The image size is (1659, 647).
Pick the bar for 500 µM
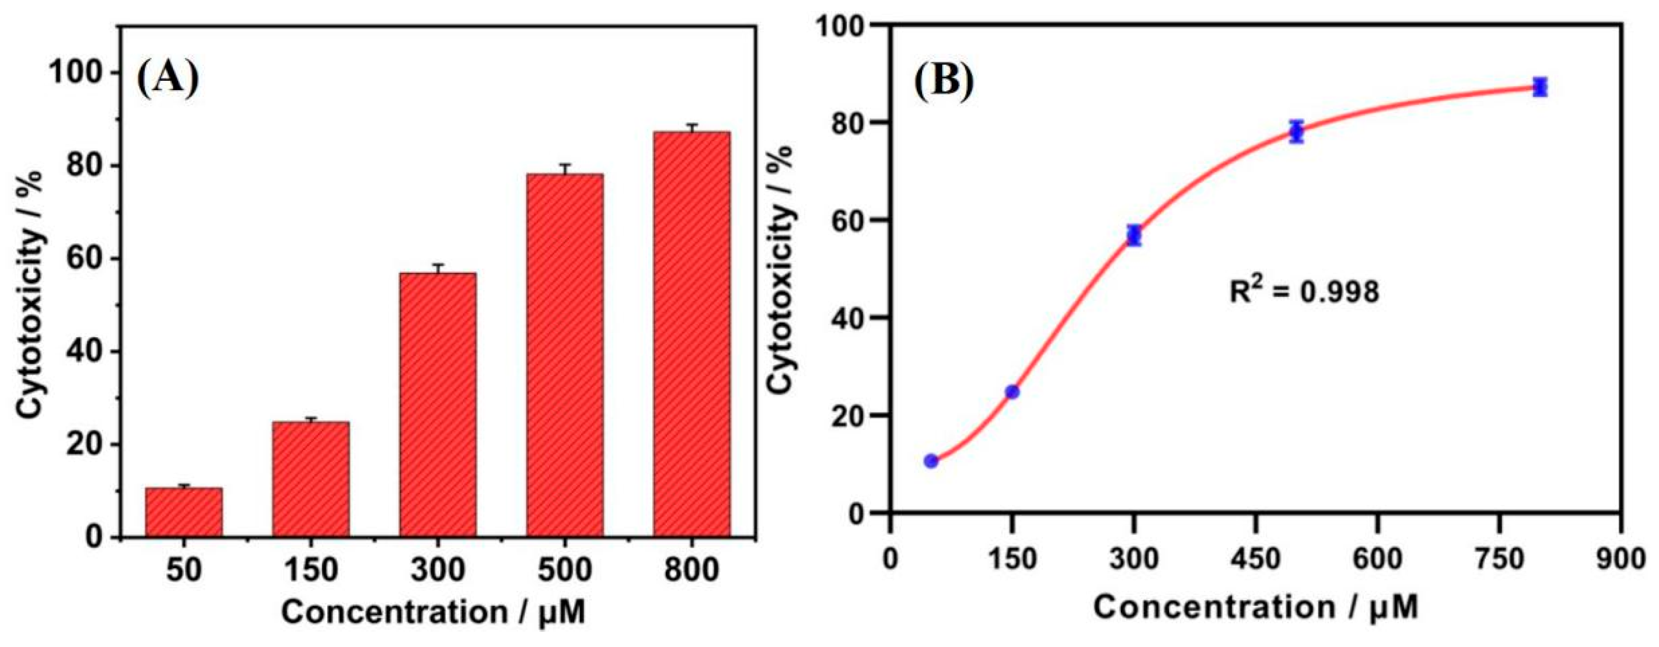(565, 355)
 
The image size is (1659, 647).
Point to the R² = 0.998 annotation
(1304, 291)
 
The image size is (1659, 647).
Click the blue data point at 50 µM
(930, 461)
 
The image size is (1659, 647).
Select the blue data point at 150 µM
(1013, 392)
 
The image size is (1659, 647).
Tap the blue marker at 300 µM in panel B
(1134, 236)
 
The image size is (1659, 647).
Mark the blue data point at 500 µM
(1296, 132)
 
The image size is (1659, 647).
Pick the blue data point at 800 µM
(1540, 87)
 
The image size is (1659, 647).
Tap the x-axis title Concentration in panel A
(433, 612)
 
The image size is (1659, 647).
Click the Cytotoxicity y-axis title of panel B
(781, 269)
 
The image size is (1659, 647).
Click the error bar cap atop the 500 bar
(565, 165)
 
